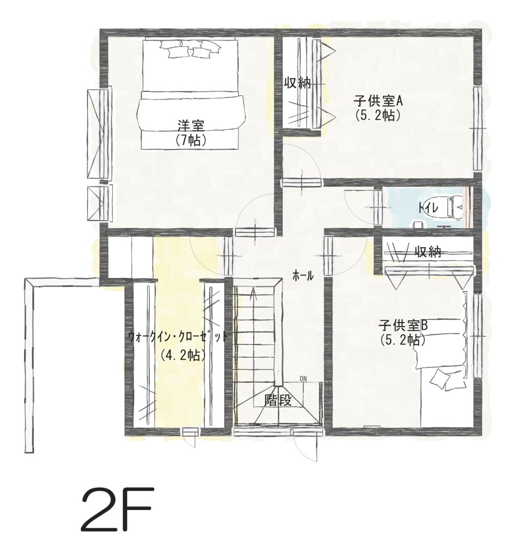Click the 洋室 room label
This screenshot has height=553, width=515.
click(x=191, y=125)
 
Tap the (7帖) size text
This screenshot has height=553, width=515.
click(x=191, y=140)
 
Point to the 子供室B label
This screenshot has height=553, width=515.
click(x=403, y=325)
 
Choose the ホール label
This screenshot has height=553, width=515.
click(x=303, y=276)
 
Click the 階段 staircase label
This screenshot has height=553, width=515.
click(x=278, y=401)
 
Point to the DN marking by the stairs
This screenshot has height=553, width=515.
click(x=303, y=379)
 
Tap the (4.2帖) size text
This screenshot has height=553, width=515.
click(x=183, y=355)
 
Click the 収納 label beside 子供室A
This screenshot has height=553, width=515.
click(x=297, y=83)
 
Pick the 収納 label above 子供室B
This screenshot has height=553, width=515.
click(x=428, y=252)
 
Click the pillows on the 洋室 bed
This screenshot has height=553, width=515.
click(x=190, y=48)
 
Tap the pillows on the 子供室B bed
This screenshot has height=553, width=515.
click(x=447, y=380)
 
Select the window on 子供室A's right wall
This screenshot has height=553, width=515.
click(x=478, y=128)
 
